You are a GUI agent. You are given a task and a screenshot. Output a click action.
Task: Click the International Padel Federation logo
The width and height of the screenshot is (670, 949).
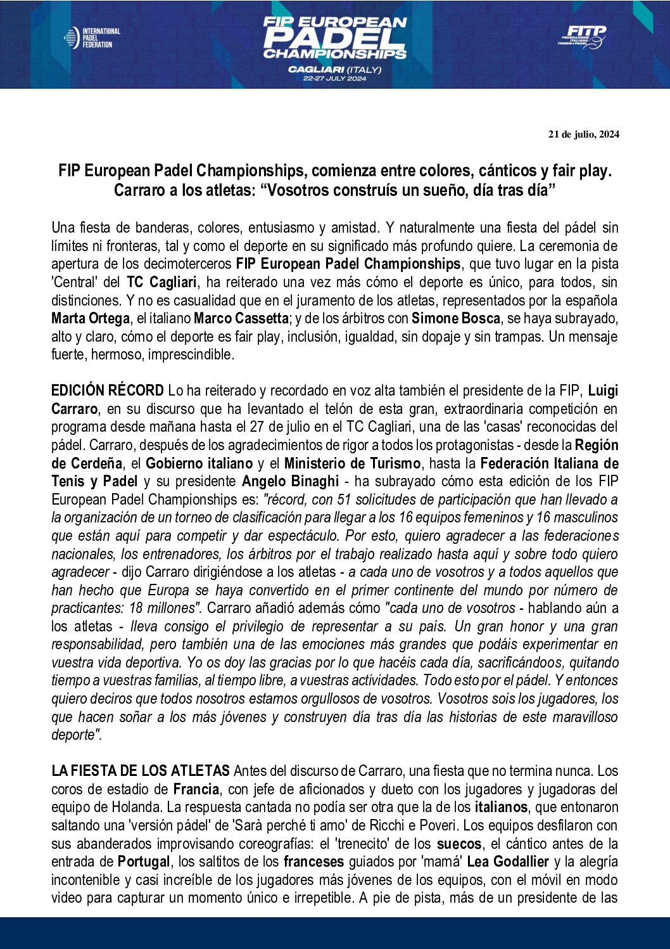pyautogui.click(x=92, y=38)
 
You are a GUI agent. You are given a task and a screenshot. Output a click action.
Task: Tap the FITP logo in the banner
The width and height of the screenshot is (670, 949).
pyautogui.click(x=582, y=37)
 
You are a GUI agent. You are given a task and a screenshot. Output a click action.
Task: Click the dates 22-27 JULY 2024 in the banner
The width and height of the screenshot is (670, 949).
pyautogui.click(x=334, y=79)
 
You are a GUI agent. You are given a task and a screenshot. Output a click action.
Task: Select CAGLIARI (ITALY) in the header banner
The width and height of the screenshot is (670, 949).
pyautogui.click(x=334, y=68)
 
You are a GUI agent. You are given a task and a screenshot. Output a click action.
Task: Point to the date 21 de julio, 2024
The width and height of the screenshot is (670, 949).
pyautogui.click(x=583, y=134)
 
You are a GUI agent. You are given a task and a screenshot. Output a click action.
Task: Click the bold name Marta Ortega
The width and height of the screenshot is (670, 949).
pyautogui.click(x=90, y=318)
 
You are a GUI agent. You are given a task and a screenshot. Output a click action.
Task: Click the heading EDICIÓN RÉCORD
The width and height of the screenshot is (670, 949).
pyautogui.click(x=107, y=391)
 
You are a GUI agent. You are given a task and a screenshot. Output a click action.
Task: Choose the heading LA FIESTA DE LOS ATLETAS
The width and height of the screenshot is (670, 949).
pyautogui.click(x=140, y=771)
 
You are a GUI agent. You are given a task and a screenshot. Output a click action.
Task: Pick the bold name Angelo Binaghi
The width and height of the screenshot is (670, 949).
pyautogui.click(x=291, y=481)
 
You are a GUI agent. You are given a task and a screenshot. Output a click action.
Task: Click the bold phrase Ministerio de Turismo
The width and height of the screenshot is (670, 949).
pyautogui.click(x=352, y=463)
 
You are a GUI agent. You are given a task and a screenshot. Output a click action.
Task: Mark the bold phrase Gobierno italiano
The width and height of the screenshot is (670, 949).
pyautogui.click(x=199, y=463)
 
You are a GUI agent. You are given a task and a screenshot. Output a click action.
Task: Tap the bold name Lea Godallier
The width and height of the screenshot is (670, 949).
pyautogui.click(x=508, y=862)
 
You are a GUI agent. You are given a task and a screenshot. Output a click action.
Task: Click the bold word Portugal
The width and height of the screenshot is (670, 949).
pyautogui.click(x=144, y=862)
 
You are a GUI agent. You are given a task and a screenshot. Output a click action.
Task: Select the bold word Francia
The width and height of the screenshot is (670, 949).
pyautogui.click(x=196, y=789)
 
